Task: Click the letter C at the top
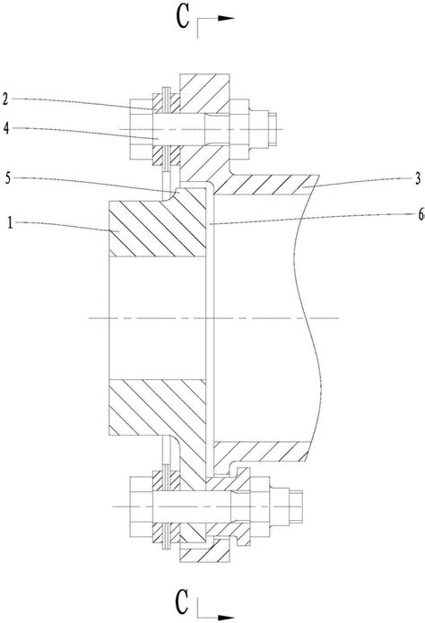point(183,18)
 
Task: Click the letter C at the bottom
point(182,602)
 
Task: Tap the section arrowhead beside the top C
point(225,18)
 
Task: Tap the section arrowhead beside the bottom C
point(225,618)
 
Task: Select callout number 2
point(4,99)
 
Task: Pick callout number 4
point(6,128)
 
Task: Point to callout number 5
point(7,178)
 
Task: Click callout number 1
point(11,223)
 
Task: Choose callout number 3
point(418,178)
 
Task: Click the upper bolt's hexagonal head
point(141,129)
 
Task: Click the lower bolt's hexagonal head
point(141,507)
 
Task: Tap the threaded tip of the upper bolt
point(273,129)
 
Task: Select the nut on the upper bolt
point(239,129)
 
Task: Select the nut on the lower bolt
point(260,507)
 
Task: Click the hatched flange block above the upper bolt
point(204,93)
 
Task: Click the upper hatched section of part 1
point(157,228)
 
